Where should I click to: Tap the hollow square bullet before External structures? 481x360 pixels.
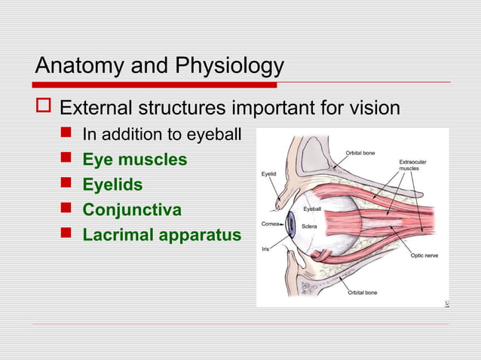(x=44, y=108)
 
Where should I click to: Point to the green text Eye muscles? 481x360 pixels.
(x=135, y=160)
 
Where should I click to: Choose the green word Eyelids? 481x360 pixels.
(x=112, y=185)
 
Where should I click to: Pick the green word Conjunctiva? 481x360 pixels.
(x=132, y=209)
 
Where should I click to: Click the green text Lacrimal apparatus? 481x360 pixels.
(x=161, y=234)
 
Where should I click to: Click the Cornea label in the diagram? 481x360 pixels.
(x=271, y=224)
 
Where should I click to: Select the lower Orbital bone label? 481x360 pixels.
(x=362, y=292)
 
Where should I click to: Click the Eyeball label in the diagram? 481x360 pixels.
(x=314, y=208)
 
